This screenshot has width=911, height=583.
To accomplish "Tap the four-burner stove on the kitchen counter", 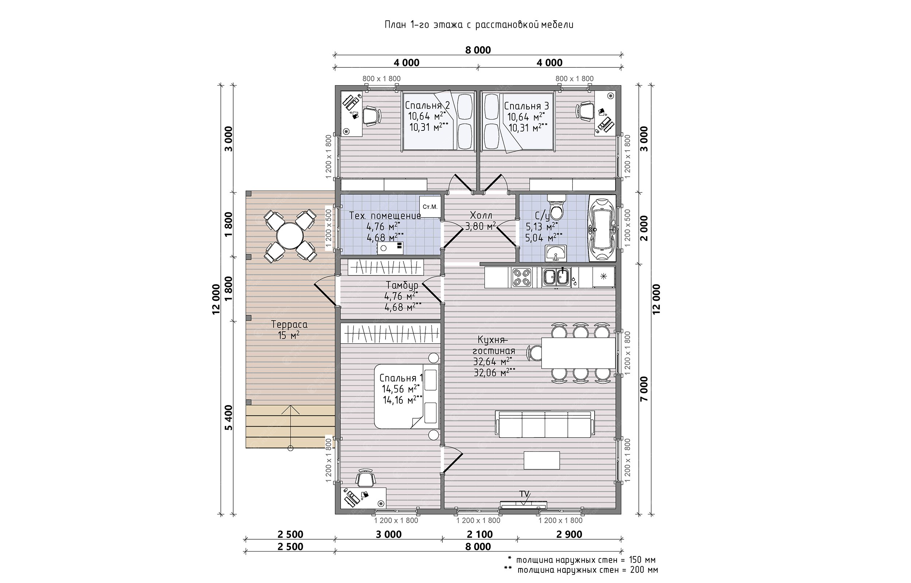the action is [x=522, y=278].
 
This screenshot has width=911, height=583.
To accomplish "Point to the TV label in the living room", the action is [x=524, y=494].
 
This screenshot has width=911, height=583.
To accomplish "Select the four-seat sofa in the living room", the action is [x=545, y=424].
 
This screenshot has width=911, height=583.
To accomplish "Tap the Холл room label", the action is [x=481, y=216].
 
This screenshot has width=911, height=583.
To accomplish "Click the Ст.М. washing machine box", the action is [x=430, y=206].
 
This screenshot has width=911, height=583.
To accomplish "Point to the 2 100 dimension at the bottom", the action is [x=480, y=534].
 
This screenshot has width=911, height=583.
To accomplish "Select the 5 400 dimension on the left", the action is [x=228, y=418].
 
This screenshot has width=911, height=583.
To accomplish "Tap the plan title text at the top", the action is [x=479, y=25].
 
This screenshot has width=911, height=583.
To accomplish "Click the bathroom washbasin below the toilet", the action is [x=556, y=253].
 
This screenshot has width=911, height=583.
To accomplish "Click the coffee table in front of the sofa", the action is [x=541, y=460].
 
